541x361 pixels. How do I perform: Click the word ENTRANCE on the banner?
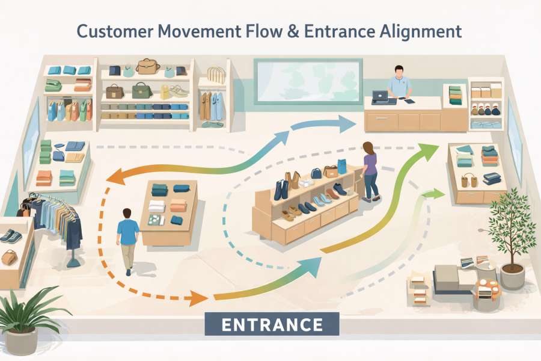tap(272, 325)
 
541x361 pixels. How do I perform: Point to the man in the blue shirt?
tap(127, 238)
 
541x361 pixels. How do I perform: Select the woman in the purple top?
tap(370, 170)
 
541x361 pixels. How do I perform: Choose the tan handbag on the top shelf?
tap(147, 66)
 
